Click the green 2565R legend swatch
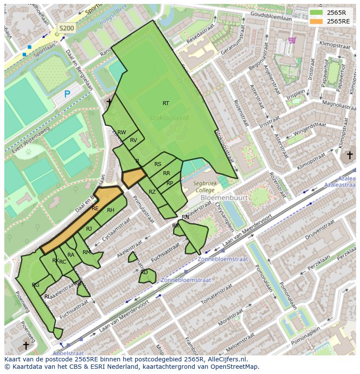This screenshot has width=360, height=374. point(316,13)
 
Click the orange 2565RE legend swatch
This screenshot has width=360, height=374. point(316,21)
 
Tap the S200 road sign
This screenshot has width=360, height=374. point(67,28)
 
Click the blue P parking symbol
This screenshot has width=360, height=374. point(67,94)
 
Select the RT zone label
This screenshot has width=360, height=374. point(166,103)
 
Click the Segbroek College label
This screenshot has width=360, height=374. point(205,187)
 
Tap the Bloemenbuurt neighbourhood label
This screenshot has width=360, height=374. point(224,198)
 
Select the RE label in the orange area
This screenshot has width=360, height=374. point(95,209)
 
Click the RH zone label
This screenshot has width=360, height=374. point(110,210)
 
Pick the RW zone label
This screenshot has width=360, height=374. point(122,132)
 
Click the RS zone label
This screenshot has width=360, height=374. point(158,164)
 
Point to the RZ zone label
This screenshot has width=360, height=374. point(152,192)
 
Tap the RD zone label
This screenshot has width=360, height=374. point(144,272)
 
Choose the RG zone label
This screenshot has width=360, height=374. point(36,285)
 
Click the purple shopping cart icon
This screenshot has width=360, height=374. point(292,40)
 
